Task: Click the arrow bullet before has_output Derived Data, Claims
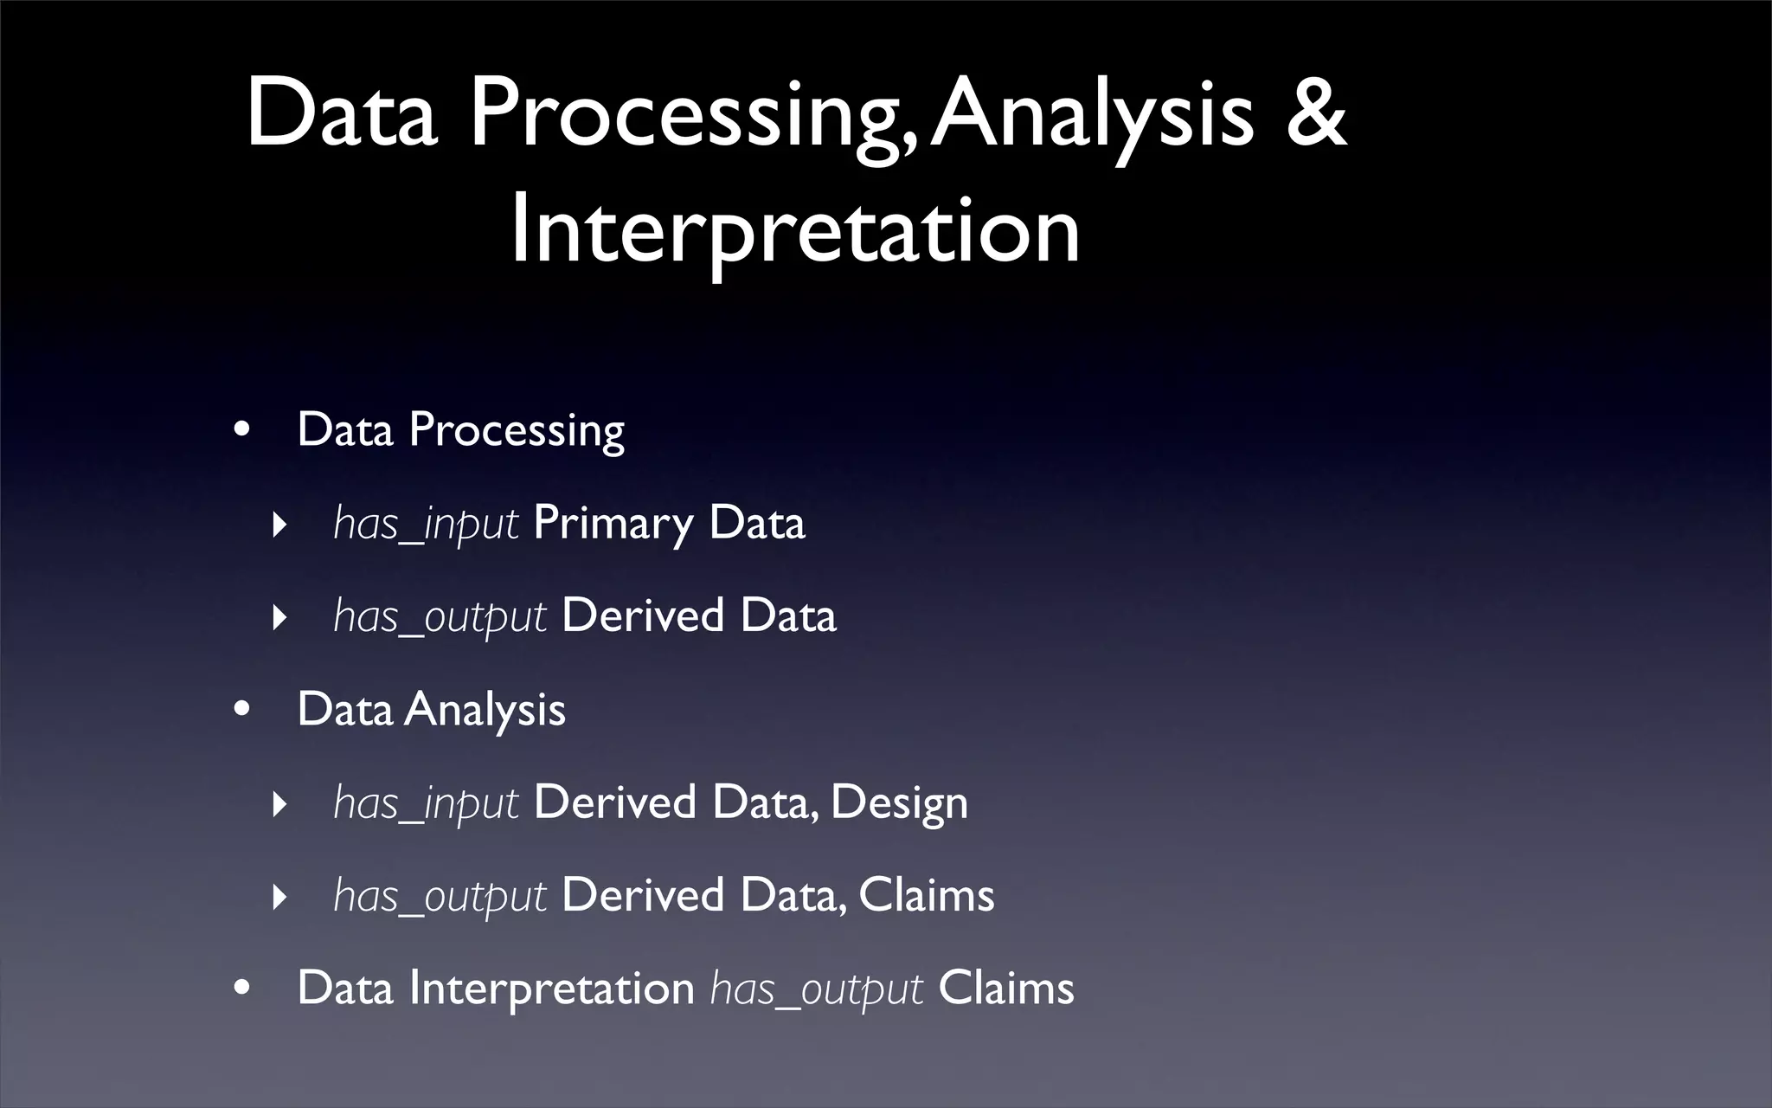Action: tap(279, 897)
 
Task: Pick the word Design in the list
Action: tap(899, 803)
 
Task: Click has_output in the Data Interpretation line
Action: tap(816, 989)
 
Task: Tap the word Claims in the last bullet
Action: tap(1005, 988)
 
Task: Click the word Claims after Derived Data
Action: tap(926, 895)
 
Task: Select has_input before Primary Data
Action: tap(426, 524)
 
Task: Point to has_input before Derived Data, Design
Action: tap(426, 803)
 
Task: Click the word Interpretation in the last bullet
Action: tap(551, 988)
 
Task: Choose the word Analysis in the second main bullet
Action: tap(485, 710)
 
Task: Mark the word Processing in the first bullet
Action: tap(516, 431)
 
